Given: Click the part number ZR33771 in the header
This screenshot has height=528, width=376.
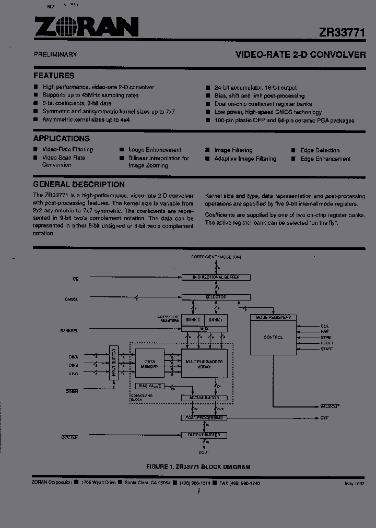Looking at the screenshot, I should (342, 32).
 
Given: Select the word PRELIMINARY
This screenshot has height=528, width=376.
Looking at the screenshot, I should (55, 54).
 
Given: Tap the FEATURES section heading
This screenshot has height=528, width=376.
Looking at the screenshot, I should (54, 76).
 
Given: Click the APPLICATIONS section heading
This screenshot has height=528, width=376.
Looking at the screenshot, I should (62, 139).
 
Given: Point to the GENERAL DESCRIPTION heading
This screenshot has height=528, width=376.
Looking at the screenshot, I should (79, 185).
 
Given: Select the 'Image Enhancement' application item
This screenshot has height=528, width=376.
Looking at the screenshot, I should (155, 150).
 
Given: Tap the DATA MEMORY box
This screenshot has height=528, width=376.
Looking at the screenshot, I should (150, 363).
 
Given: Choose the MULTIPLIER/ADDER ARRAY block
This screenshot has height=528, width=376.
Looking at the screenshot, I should (204, 363).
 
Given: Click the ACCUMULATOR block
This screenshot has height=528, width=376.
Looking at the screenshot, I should (204, 398).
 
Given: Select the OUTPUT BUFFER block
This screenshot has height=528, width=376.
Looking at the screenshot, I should (204, 435).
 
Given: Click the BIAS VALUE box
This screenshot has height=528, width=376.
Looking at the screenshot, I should (149, 386).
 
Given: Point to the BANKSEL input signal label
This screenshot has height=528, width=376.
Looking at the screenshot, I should (69, 330).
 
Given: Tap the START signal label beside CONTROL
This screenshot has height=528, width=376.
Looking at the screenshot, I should (327, 349).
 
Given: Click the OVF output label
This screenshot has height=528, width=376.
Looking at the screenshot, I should (324, 418).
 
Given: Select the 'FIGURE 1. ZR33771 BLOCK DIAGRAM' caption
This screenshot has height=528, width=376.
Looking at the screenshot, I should (198, 467).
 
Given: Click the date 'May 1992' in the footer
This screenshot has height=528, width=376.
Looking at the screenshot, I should (354, 484).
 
